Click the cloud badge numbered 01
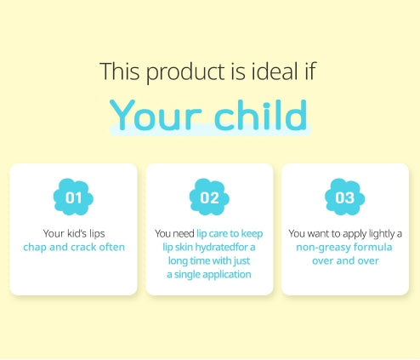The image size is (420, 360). click(x=73, y=197)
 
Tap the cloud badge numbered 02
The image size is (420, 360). click(x=209, y=197)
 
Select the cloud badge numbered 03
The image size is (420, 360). click(x=345, y=197)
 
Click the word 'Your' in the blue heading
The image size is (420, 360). click(x=156, y=117)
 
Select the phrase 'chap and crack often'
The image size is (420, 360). click(x=74, y=247)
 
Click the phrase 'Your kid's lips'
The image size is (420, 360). click(x=74, y=232)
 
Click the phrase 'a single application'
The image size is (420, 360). click(x=209, y=275)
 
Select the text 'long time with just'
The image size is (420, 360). click(x=209, y=260)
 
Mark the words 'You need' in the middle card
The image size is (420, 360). click(x=174, y=232)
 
